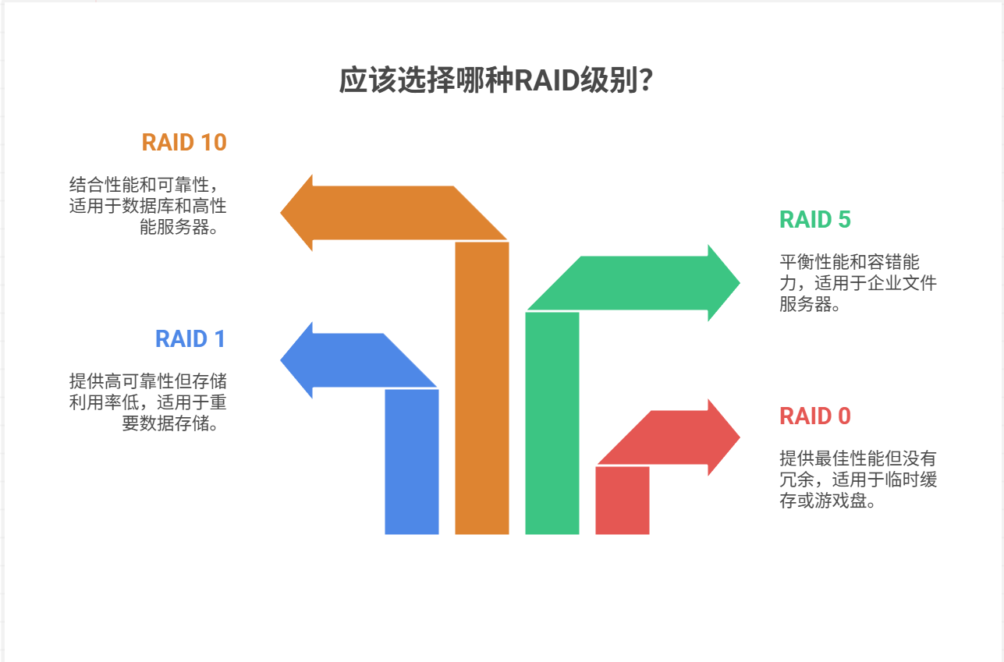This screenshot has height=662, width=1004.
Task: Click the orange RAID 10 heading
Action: pos(184,143)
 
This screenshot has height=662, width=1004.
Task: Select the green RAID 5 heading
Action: pos(814,220)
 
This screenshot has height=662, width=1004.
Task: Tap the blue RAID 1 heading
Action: pos(190,339)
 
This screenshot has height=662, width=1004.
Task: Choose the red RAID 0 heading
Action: pos(814,416)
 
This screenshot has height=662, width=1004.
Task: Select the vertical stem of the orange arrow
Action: pos(482,390)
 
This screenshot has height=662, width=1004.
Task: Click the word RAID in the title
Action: pos(545,81)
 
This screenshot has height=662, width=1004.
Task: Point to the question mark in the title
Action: pos(645,81)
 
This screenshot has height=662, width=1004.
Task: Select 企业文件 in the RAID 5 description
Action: pos(908,283)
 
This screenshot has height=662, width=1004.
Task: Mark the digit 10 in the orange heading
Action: pos(213,143)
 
